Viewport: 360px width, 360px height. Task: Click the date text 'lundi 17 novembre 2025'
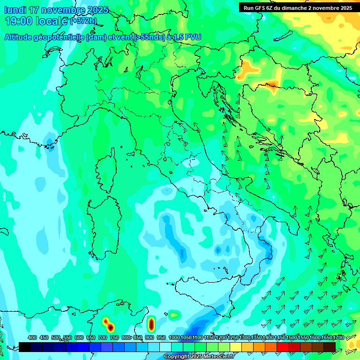tap(56, 10)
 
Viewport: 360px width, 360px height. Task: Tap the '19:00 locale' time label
tap(36, 21)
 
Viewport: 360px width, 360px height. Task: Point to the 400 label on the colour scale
tap(32, 337)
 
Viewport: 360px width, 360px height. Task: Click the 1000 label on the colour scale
tap(174, 337)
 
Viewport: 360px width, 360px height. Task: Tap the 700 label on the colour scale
tap(103, 337)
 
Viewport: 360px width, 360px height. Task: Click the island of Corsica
tap(107, 171)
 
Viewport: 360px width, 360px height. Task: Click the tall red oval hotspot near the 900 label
tap(151, 323)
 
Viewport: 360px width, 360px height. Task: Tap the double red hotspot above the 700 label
tap(107, 324)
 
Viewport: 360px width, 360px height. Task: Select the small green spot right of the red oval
tap(174, 314)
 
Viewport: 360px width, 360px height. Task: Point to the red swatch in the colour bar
tap(283, 347)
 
